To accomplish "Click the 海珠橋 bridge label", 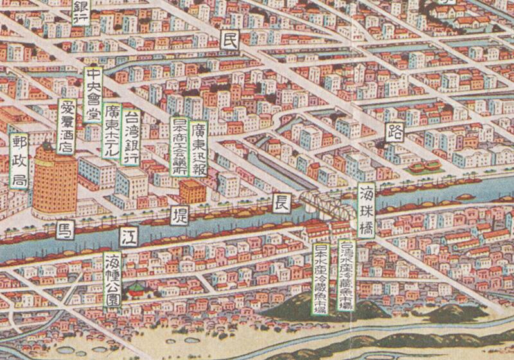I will click(x=366, y=210).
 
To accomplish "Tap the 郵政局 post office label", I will click(x=19, y=160).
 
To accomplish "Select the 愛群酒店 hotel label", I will click(x=66, y=126).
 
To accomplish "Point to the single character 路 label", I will click(x=393, y=132).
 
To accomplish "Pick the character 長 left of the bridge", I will click(x=282, y=202).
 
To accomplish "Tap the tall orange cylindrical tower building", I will click(x=54, y=180).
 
